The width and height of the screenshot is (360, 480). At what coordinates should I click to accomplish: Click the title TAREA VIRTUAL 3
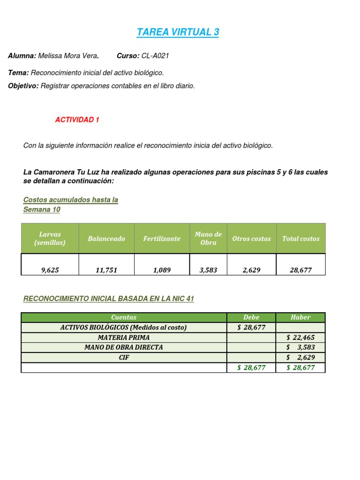178,32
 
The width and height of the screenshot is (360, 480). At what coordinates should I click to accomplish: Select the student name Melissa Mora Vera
67,56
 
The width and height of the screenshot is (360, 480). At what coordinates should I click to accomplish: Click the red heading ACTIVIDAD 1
77,120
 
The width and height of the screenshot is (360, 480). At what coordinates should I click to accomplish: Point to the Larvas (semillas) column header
50,239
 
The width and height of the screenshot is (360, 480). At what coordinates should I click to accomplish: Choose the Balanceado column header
106,239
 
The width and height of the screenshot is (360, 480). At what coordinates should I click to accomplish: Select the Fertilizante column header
162,239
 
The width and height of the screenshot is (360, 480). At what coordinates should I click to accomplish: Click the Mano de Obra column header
208,239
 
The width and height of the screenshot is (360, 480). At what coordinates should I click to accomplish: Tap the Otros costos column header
251,239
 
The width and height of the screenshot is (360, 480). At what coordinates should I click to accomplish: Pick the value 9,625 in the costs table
50,270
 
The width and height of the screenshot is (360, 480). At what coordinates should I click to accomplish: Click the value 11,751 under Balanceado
106,270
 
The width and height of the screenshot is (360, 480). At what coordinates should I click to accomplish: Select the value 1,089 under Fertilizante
162,270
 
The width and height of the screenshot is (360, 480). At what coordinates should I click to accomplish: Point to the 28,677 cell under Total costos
300,270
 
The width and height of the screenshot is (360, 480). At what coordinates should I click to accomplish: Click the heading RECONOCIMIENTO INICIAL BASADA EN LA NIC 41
108,299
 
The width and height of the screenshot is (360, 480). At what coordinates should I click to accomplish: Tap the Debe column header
251,317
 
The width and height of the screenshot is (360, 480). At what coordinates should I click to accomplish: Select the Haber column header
300,317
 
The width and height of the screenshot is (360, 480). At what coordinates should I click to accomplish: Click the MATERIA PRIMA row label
124,337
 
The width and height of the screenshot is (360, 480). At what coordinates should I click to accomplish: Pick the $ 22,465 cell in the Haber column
300,337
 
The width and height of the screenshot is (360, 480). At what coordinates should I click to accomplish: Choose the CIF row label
124,357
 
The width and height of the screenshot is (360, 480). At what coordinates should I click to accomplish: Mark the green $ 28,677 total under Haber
300,367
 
